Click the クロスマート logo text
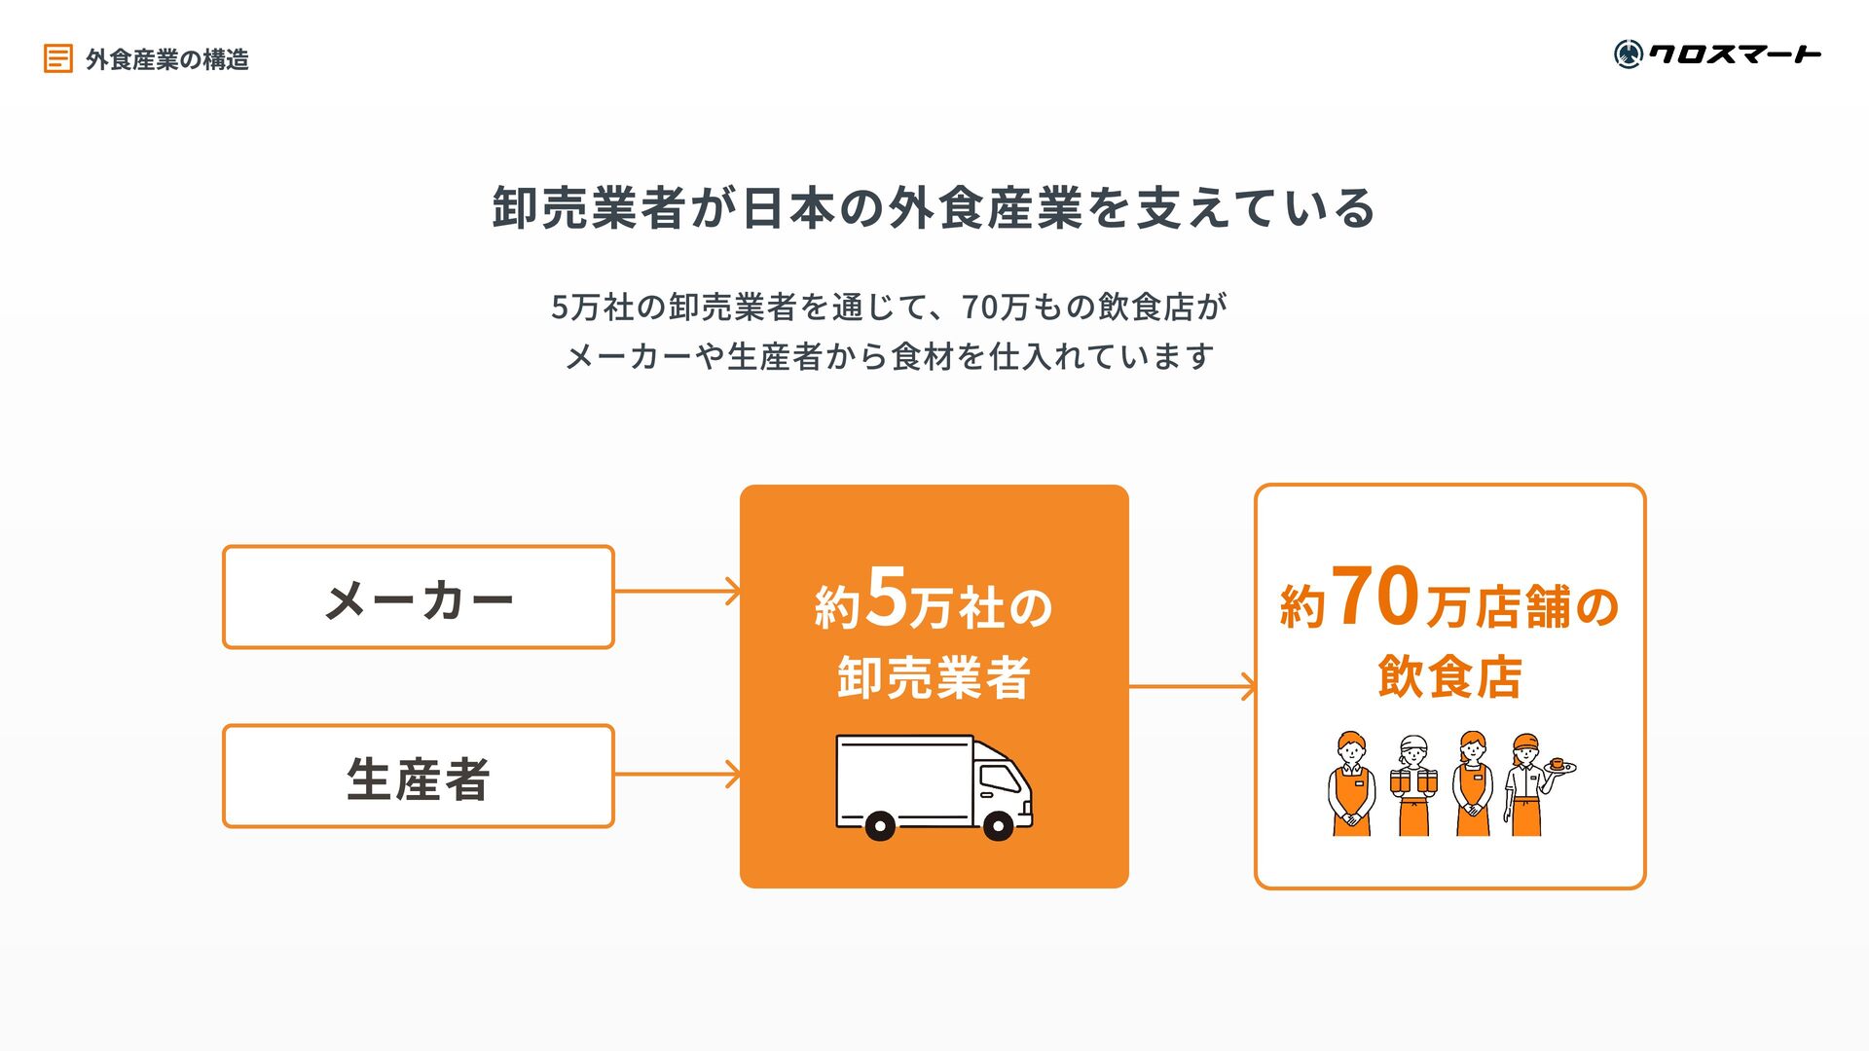(1734, 54)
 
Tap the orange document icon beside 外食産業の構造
(57, 58)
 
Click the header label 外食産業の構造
(167, 59)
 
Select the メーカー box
(419, 597)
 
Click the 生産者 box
(419, 776)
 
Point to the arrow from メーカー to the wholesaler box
(678, 591)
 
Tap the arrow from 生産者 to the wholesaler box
(678, 775)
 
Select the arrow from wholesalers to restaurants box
(1192, 687)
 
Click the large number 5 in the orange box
(886, 596)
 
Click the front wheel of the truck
(998, 825)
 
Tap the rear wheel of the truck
(880, 825)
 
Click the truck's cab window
(999, 778)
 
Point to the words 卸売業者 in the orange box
(934, 677)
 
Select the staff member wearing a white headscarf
(1413, 784)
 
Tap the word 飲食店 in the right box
(1449, 676)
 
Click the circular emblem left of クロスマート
(1628, 54)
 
